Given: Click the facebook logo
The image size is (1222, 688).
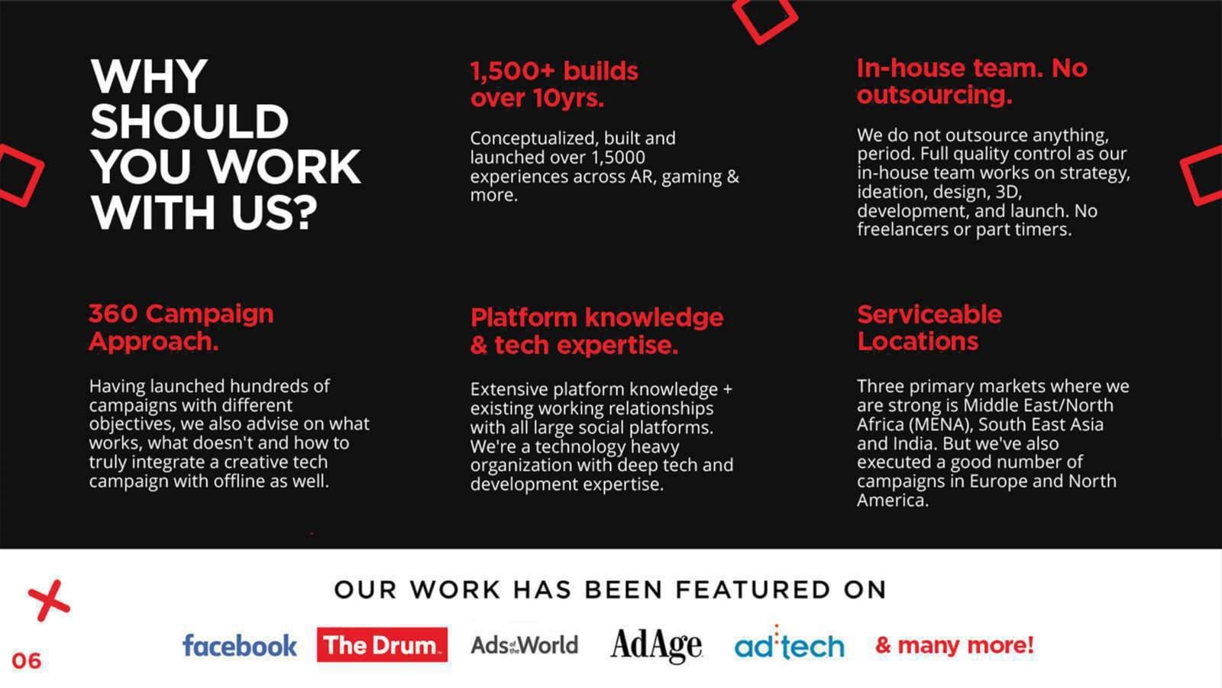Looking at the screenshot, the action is (240, 645).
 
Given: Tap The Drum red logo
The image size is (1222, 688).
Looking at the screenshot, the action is (382, 645).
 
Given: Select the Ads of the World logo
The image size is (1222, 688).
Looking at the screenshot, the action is (524, 645).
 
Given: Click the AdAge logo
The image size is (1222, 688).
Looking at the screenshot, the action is (656, 646).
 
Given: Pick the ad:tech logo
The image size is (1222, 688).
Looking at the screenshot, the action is (790, 644).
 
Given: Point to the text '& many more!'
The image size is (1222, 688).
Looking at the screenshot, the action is (955, 645).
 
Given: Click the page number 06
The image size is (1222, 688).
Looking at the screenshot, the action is (26, 660).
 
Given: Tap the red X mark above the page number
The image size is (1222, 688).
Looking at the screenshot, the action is (49, 601).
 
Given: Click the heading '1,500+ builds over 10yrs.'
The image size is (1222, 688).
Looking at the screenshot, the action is (554, 85).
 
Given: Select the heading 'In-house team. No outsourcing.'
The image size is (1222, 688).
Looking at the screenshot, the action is (971, 81).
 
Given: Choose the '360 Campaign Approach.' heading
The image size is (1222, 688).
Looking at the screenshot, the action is (181, 328).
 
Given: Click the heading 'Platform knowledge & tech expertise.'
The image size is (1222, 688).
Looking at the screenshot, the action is (596, 331).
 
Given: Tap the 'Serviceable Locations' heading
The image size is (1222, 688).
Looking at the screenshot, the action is (929, 328).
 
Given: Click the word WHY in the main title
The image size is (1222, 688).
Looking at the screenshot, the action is (148, 76).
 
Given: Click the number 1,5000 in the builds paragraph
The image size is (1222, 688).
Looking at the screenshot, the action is (618, 157).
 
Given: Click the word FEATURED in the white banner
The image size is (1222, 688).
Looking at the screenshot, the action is (753, 589).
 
